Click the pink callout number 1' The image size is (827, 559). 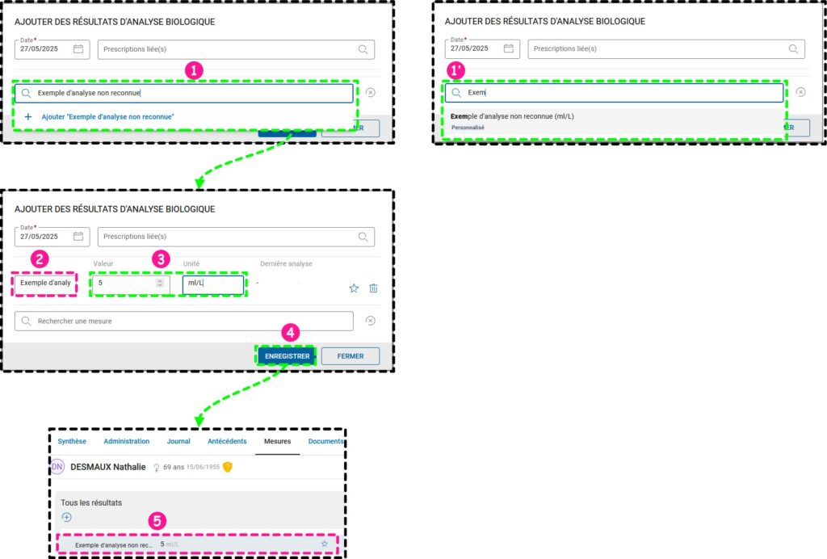(456, 70)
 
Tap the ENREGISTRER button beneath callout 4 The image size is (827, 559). (287, 355)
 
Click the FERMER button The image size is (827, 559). (350, 355)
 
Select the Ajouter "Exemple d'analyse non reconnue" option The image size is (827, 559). (107, 117)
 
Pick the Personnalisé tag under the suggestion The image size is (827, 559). (468, 128)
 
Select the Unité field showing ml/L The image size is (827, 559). (212, 284)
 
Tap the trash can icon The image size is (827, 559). (373, 288)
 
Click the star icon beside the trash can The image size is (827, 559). (354, 288)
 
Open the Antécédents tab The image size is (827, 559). (227, 441)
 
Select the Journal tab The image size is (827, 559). (178, 441)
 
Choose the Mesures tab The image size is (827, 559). (277, 441)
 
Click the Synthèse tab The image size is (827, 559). (72, 441)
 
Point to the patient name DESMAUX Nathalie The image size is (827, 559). (108, 467)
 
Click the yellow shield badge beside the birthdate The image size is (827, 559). (228, 467)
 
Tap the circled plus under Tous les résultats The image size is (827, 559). (67, 517)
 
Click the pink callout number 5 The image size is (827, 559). (158, 521)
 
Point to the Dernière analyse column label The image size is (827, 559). (286, 264)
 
